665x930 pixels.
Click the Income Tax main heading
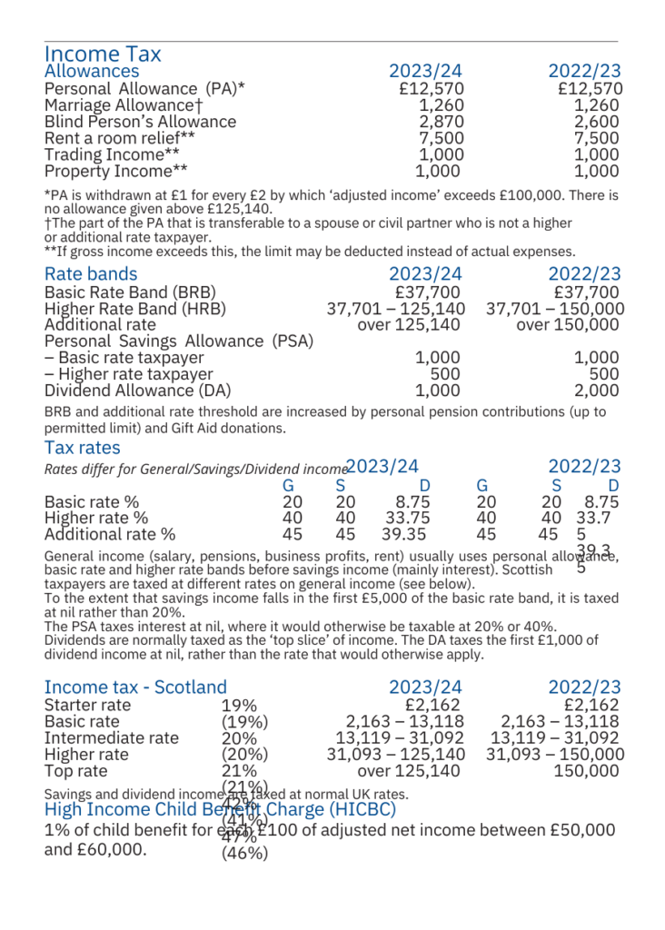tap(103, 54)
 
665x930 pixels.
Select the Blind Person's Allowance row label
tap(140, 122)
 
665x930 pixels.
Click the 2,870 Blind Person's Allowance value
tap(441, 122)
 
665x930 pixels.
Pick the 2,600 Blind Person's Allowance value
tap(600, 122)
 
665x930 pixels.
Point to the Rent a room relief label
tap(120, 138)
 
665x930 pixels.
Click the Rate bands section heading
tap(91, 274)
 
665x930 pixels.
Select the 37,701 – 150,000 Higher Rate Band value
tap(555, 309)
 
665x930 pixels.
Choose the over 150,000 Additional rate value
tap(570, 325)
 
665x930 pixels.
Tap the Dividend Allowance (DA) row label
tap(137, 391)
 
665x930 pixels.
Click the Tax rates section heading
tap(82, 448)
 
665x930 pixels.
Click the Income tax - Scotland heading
tap(135, 688)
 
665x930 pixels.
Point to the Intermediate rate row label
tap(112, 737)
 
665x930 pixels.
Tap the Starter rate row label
tap(87, 705)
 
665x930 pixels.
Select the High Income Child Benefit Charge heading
tap(220, 808)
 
